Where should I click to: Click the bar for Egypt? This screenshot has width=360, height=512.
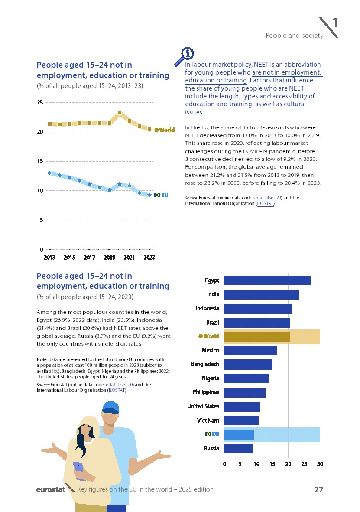coord(267,280)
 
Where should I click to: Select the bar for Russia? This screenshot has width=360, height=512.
coord(238,448)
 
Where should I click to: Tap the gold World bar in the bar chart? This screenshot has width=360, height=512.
coord(256,336)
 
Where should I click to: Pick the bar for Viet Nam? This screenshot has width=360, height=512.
coord(241,421)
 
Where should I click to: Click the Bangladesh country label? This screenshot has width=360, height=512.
coord(205,364)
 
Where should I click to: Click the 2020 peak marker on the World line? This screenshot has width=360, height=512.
coord(120,113)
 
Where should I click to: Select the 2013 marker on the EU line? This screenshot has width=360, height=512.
coord(50,173)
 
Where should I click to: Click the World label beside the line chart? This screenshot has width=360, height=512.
coord(165,130)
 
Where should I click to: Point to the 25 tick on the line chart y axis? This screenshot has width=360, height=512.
coord(40,102)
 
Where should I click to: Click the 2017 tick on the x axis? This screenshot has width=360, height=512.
coord(89,258)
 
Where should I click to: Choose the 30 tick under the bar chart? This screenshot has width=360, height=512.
coord(320,464)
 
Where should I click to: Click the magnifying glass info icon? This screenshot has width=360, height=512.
coord(184,57)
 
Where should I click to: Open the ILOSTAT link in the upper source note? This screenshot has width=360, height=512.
coord(265,203)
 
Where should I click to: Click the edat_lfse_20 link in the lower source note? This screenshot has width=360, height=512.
coord(119,385)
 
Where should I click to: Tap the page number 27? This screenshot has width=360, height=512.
coord(318,489)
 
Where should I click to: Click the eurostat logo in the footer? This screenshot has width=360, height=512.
coord(50,490)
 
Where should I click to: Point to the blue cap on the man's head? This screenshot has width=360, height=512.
coord(111,407)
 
